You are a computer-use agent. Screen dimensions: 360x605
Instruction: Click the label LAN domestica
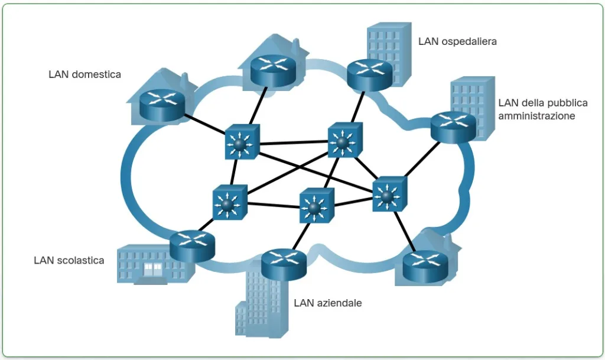84,74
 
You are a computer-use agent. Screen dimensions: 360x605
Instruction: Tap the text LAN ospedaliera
457,41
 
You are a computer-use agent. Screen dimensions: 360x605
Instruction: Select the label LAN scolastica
69,260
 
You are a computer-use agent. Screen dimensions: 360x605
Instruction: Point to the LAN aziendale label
327,303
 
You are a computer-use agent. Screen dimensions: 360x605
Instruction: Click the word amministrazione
536,116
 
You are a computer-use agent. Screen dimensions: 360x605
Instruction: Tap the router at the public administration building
453,126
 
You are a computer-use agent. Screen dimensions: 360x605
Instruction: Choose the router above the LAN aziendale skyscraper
283,263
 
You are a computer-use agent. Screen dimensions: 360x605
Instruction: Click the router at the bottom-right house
425,266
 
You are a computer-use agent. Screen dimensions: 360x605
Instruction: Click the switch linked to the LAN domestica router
242,142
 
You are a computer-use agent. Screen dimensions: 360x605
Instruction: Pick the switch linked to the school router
229,204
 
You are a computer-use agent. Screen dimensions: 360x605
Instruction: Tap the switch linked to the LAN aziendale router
316,206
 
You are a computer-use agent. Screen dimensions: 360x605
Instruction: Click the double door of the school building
153,270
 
